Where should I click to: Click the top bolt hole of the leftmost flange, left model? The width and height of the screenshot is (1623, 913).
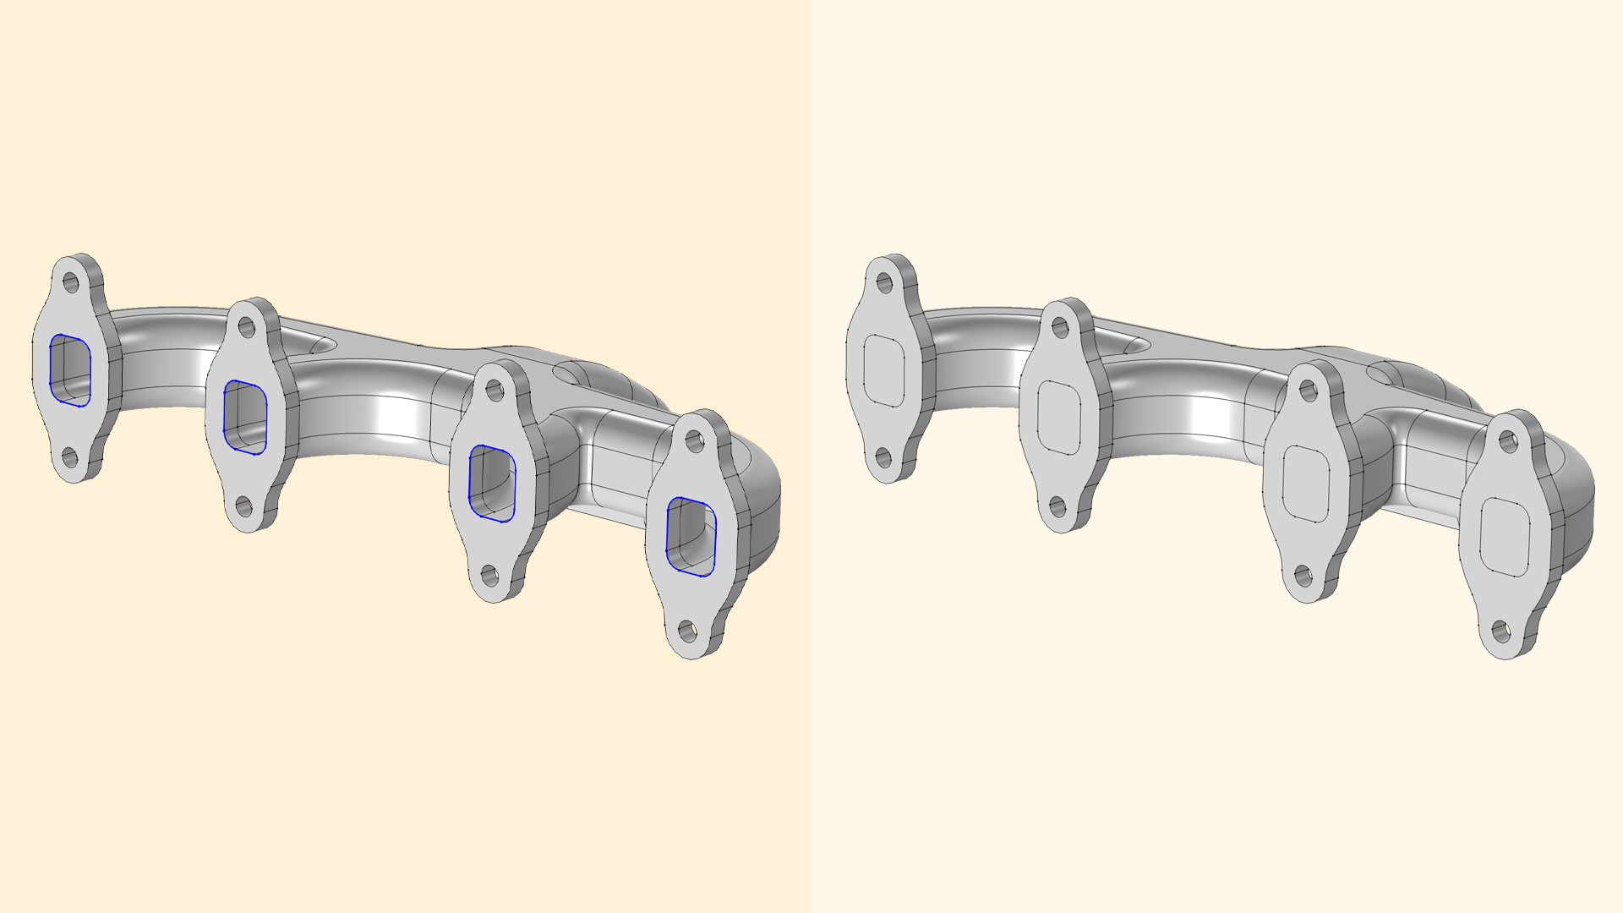[70, 282]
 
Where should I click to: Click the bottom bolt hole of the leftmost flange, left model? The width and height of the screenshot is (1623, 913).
[69, 458]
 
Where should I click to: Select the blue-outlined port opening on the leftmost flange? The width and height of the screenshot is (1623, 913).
[70, 370]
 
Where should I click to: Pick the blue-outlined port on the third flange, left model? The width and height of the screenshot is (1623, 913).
[492, 483]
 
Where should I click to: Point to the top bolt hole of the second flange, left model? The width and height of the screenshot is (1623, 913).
[246, 327]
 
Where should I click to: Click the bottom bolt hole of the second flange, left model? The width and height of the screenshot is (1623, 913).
[243, 507]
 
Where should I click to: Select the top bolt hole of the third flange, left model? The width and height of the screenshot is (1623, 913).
[495, 390]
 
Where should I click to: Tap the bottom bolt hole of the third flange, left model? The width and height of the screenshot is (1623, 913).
[489, 577]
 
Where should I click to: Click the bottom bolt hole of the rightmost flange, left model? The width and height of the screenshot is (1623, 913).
[688, 631]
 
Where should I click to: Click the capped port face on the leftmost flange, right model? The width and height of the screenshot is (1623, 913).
[884, 370]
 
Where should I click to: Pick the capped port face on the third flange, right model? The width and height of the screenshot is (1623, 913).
[1306, 484]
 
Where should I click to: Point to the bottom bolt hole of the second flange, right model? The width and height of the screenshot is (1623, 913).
[1057, 507]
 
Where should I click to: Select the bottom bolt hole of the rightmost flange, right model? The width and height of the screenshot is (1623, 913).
[1501, 631]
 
